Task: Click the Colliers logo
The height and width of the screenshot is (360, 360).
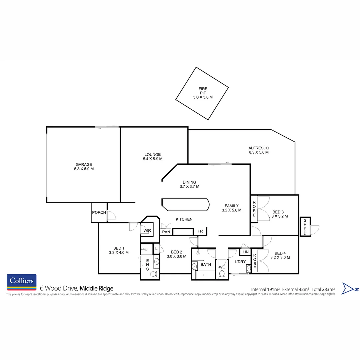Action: (x=22, y=282)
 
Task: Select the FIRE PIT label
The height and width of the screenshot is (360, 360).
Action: (x=203, y=91)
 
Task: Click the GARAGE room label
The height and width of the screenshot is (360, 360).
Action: (x=84, y=164)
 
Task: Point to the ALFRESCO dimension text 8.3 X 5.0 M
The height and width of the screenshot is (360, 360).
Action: (x=259, y=152)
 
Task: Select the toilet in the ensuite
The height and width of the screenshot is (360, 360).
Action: (x=154, y=274)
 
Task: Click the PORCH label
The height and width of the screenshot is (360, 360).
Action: (x=99, y=213)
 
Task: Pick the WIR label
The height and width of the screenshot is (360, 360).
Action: (x=147, y=231)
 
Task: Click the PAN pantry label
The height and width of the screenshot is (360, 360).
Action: (x=166, y=232)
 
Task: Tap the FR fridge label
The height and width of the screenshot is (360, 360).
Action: (x=200, y=231)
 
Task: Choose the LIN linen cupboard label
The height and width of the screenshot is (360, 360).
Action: (x=246, y=252)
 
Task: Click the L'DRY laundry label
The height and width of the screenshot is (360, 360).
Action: (x=240, y=262)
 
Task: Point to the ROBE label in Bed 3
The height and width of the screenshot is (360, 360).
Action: (x=254, y=209)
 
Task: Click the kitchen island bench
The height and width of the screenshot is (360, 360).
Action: (x=185, y=204)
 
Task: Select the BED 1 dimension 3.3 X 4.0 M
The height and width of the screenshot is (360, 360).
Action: (x=119, y=252)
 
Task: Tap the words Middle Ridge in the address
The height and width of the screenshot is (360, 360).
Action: (x=97, y=288)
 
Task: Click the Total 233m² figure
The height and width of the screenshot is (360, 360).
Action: (x=323, y=289)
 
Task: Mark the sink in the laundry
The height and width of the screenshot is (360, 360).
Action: (x=248, y=268)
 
